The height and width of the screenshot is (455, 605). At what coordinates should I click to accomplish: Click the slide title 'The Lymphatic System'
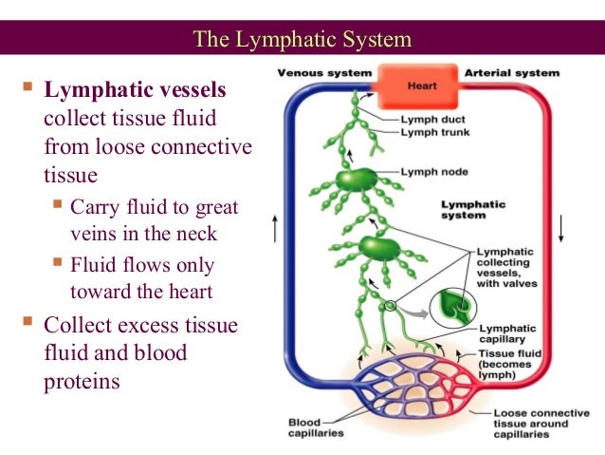coord(302,40)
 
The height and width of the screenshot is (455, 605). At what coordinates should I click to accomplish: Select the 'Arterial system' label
coord(513,72)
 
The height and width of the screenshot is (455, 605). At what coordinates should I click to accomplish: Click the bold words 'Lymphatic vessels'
coord(136,92)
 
